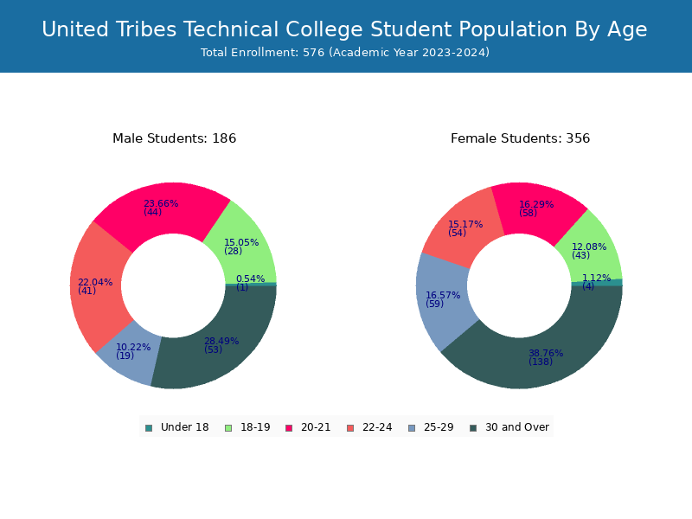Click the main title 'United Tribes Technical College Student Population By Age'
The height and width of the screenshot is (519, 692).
click(x=344, y=29)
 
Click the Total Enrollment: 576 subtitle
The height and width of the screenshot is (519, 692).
click(x=345, y=53)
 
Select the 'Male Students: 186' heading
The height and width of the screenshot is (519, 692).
click(x=175, y=138)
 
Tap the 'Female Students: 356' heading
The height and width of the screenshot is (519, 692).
click(x=521, y=138)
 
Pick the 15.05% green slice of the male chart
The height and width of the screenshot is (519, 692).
click(x=244, y=247)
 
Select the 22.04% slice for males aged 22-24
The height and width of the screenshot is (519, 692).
click(x=98, y=287)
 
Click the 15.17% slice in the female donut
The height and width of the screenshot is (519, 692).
click(x=464, y=229)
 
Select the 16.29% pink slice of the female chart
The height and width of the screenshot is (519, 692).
click(x=536, y=209)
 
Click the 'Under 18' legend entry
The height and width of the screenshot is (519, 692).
click(x=177, y=427)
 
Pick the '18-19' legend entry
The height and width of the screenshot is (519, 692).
click(x=247, y=427)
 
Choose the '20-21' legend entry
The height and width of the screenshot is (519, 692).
click(x=308, y=427)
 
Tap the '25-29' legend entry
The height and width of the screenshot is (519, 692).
click(x=431, y=427)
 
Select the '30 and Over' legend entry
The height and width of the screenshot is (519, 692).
click(x=509, y=427)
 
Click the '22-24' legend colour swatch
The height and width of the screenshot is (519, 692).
click(x=350, y=428)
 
